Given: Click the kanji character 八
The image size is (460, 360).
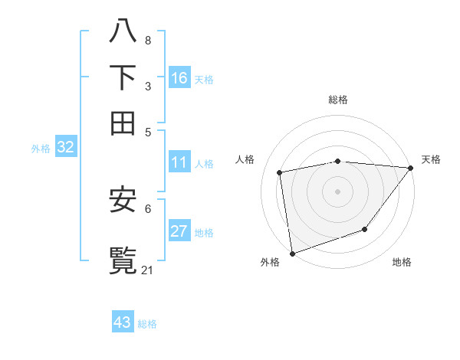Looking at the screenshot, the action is tap(123, 31).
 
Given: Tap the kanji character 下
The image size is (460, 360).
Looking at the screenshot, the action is tap(123, 77).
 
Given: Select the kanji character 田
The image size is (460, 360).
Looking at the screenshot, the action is tap(123, 123).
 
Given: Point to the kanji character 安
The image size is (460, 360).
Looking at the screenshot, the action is tap(123, 200).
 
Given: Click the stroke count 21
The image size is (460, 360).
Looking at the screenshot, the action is tap(148, 270).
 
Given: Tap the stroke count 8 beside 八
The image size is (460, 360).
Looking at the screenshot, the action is tap(147, 40).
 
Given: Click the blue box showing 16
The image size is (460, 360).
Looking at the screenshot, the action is tap(179, 78).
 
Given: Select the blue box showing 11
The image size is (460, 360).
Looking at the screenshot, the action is tap(179, 162).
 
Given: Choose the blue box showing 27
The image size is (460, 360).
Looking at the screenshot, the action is tap(179, 231).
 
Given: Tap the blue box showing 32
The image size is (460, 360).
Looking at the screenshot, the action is tap(65, 148).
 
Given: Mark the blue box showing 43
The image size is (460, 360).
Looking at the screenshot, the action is tap(123, 322).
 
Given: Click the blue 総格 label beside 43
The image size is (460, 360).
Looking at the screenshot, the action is tap(147, 324).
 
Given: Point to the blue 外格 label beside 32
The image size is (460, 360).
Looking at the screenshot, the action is tap(41, 149).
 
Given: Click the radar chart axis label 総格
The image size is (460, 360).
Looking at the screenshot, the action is tap(337, 100).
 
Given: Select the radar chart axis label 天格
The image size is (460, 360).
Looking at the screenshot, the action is tap(431, 159).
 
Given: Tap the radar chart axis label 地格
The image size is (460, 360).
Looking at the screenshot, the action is tap(402, 262).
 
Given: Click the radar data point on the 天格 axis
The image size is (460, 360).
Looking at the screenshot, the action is tap(410, 168).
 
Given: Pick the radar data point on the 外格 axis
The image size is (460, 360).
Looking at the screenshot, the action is tap(292, 253).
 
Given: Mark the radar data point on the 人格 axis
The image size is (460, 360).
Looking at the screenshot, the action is tap(281, 172).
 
